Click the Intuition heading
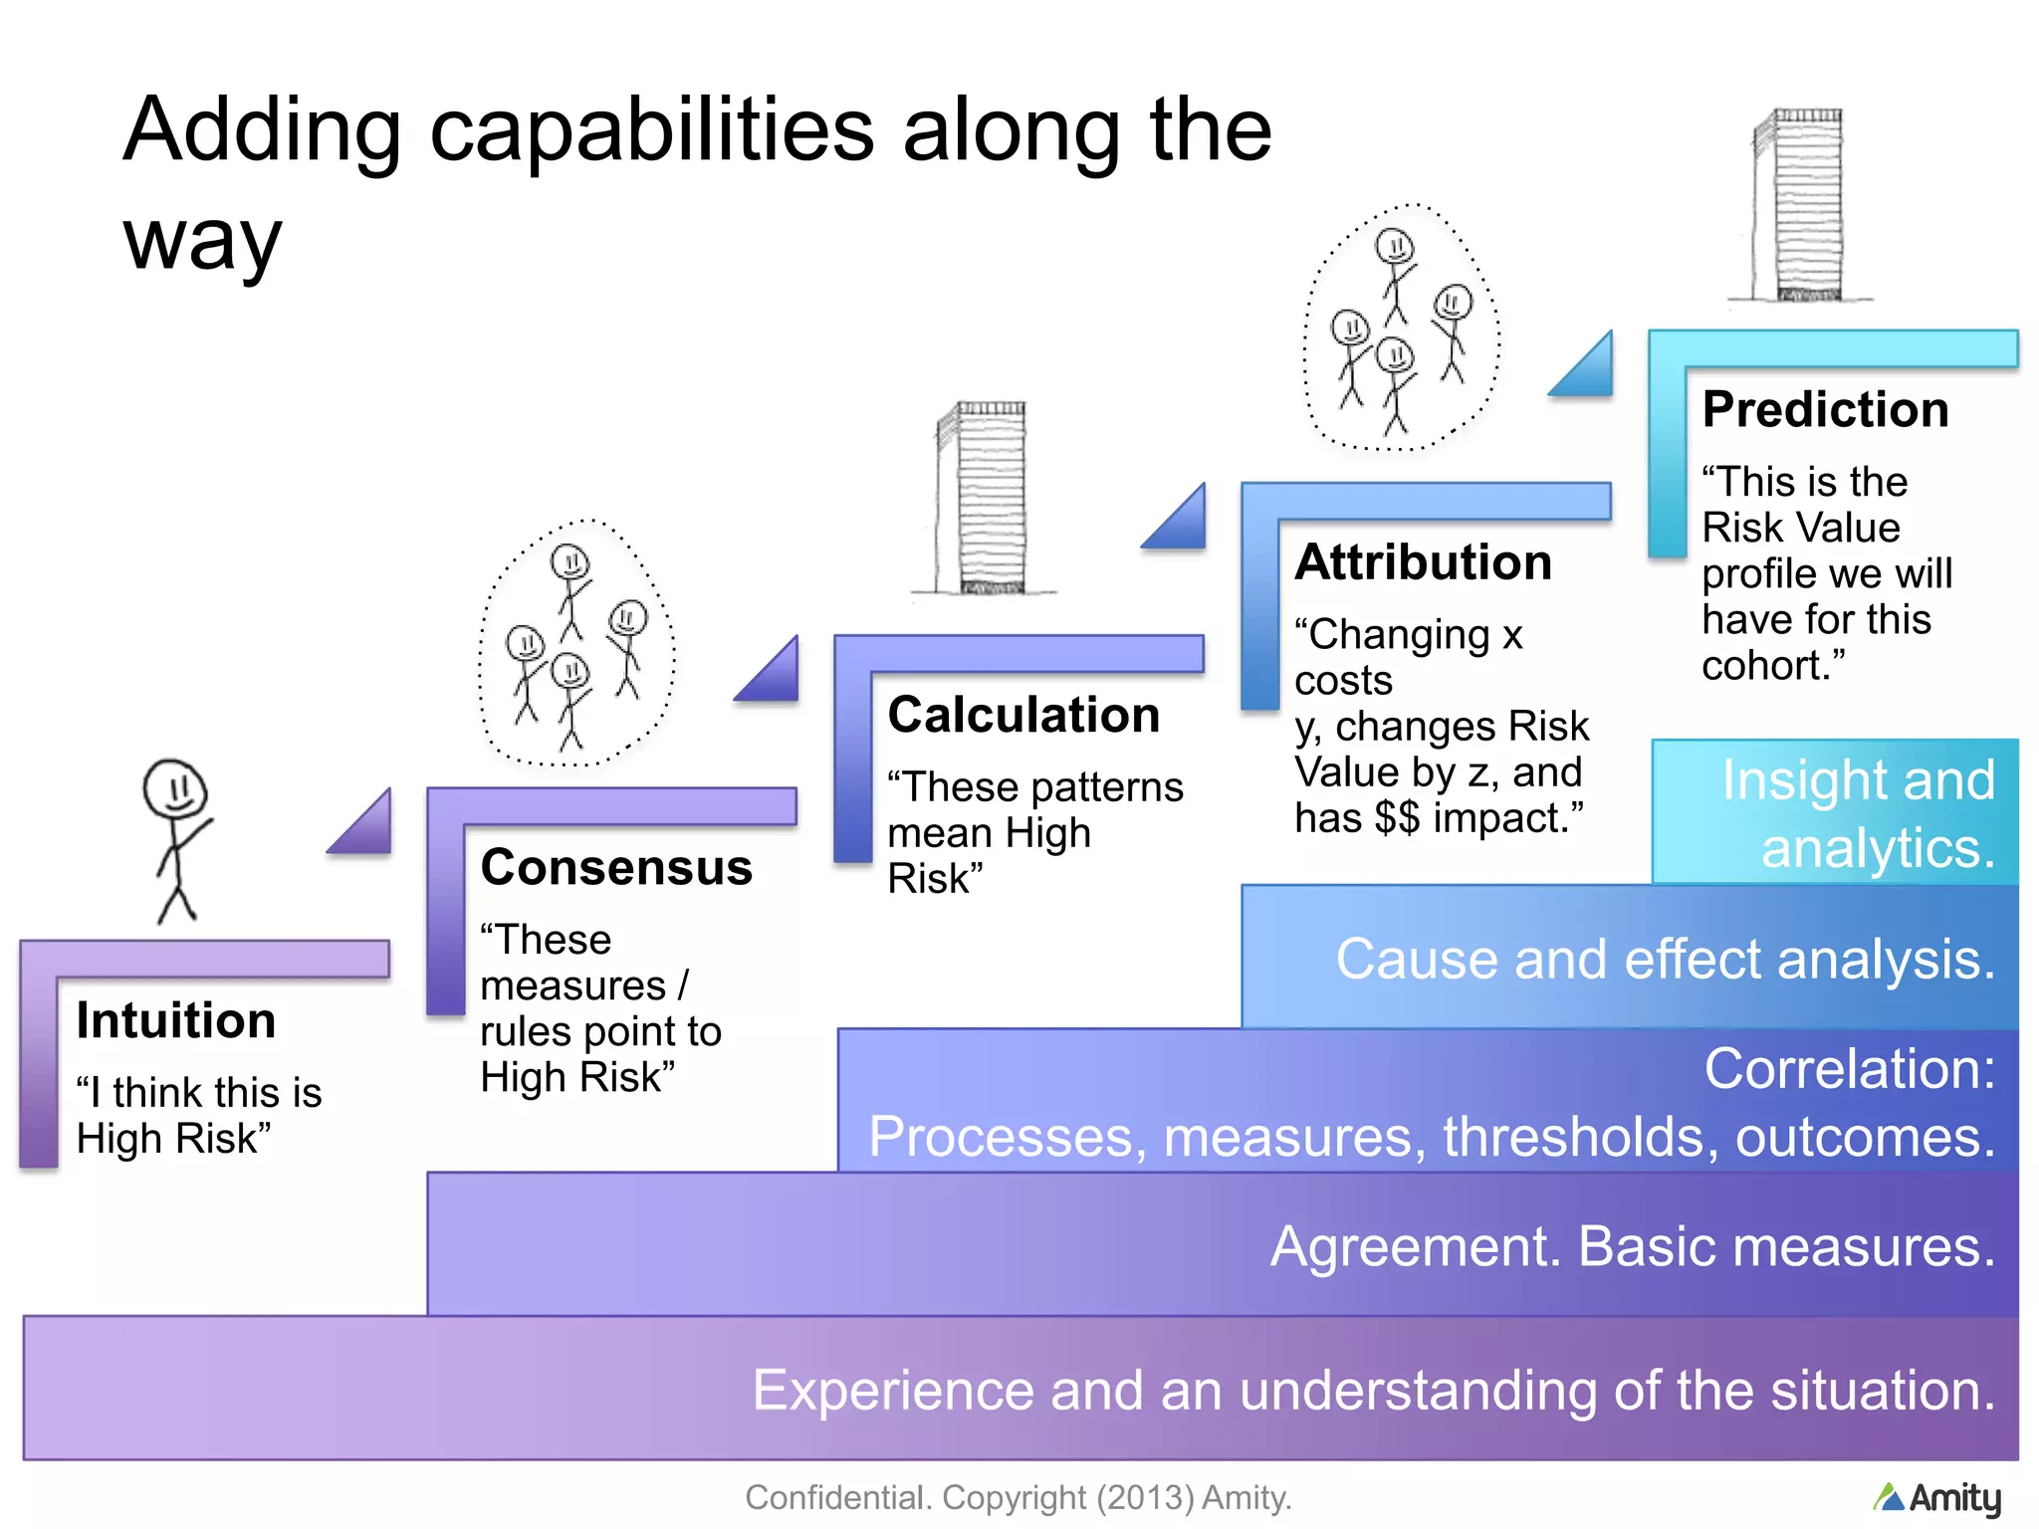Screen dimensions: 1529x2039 tap(175, 1020)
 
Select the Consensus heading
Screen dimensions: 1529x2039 tap(616, 867)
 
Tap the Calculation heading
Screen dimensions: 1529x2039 tap(1023, 715)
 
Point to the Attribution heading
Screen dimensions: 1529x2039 tap(1423, 562)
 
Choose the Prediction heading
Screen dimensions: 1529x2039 tap(1825, 409)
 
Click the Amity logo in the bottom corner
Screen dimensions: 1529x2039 tap(1936, 1498)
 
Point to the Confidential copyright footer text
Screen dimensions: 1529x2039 tap(1018, 1497)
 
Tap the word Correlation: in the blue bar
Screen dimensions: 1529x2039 tap(1849, 1069)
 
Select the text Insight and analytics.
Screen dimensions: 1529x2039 tap(1858, 813)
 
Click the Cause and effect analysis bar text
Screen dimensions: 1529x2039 tap(1665, 960)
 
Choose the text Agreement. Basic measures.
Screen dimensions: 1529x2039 tap(1632, 1246)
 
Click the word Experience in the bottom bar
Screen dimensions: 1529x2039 tap(892, 1390)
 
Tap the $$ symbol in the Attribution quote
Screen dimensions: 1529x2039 tap(1397, 818)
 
